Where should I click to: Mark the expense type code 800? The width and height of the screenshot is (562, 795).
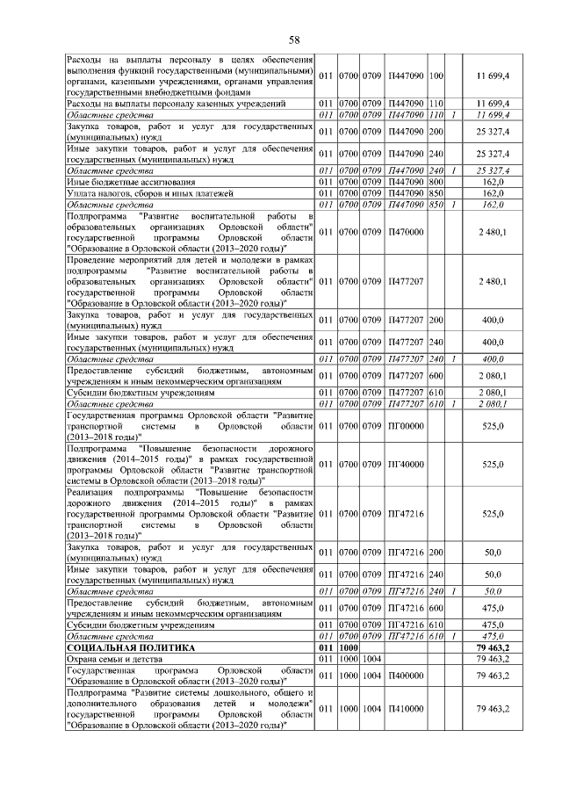pos(436,181)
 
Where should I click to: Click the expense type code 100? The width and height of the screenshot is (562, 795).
pos(436,78)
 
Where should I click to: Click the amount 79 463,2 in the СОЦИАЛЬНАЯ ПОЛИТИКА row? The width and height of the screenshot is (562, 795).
pos(493,647)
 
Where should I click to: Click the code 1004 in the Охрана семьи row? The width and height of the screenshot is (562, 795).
pos(371,658)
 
